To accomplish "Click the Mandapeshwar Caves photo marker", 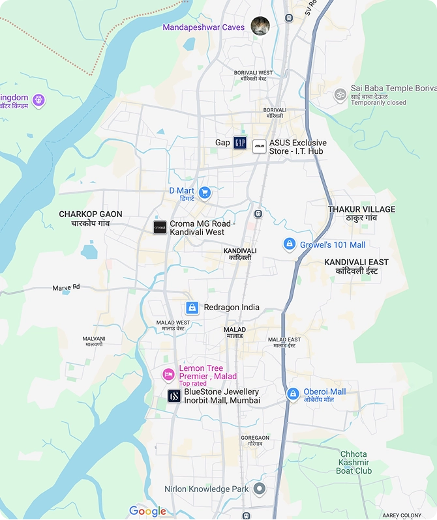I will click(260, 26).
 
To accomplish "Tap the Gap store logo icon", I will click(240, 143).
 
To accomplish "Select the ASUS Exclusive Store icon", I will click(259, 146).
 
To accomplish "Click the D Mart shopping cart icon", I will click(205, 192).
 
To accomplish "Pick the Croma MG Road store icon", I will click(160, 227).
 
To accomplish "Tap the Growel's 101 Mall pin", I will click(290, 244).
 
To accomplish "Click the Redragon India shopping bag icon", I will click(192, 308).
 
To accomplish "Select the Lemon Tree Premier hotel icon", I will click(168, 374).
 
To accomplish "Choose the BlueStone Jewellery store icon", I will click(173, 396).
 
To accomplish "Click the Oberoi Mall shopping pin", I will click(294, 394).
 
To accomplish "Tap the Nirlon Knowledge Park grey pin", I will click(260, 489).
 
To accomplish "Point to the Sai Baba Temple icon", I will click(339, 94).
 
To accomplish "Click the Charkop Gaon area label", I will click(91, 218).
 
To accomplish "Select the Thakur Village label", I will click(361, 213).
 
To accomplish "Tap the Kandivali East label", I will click(356, 266).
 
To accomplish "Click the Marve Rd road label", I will click(66, 287).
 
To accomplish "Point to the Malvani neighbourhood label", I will click(94, 341).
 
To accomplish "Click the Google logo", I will click(147, 511).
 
